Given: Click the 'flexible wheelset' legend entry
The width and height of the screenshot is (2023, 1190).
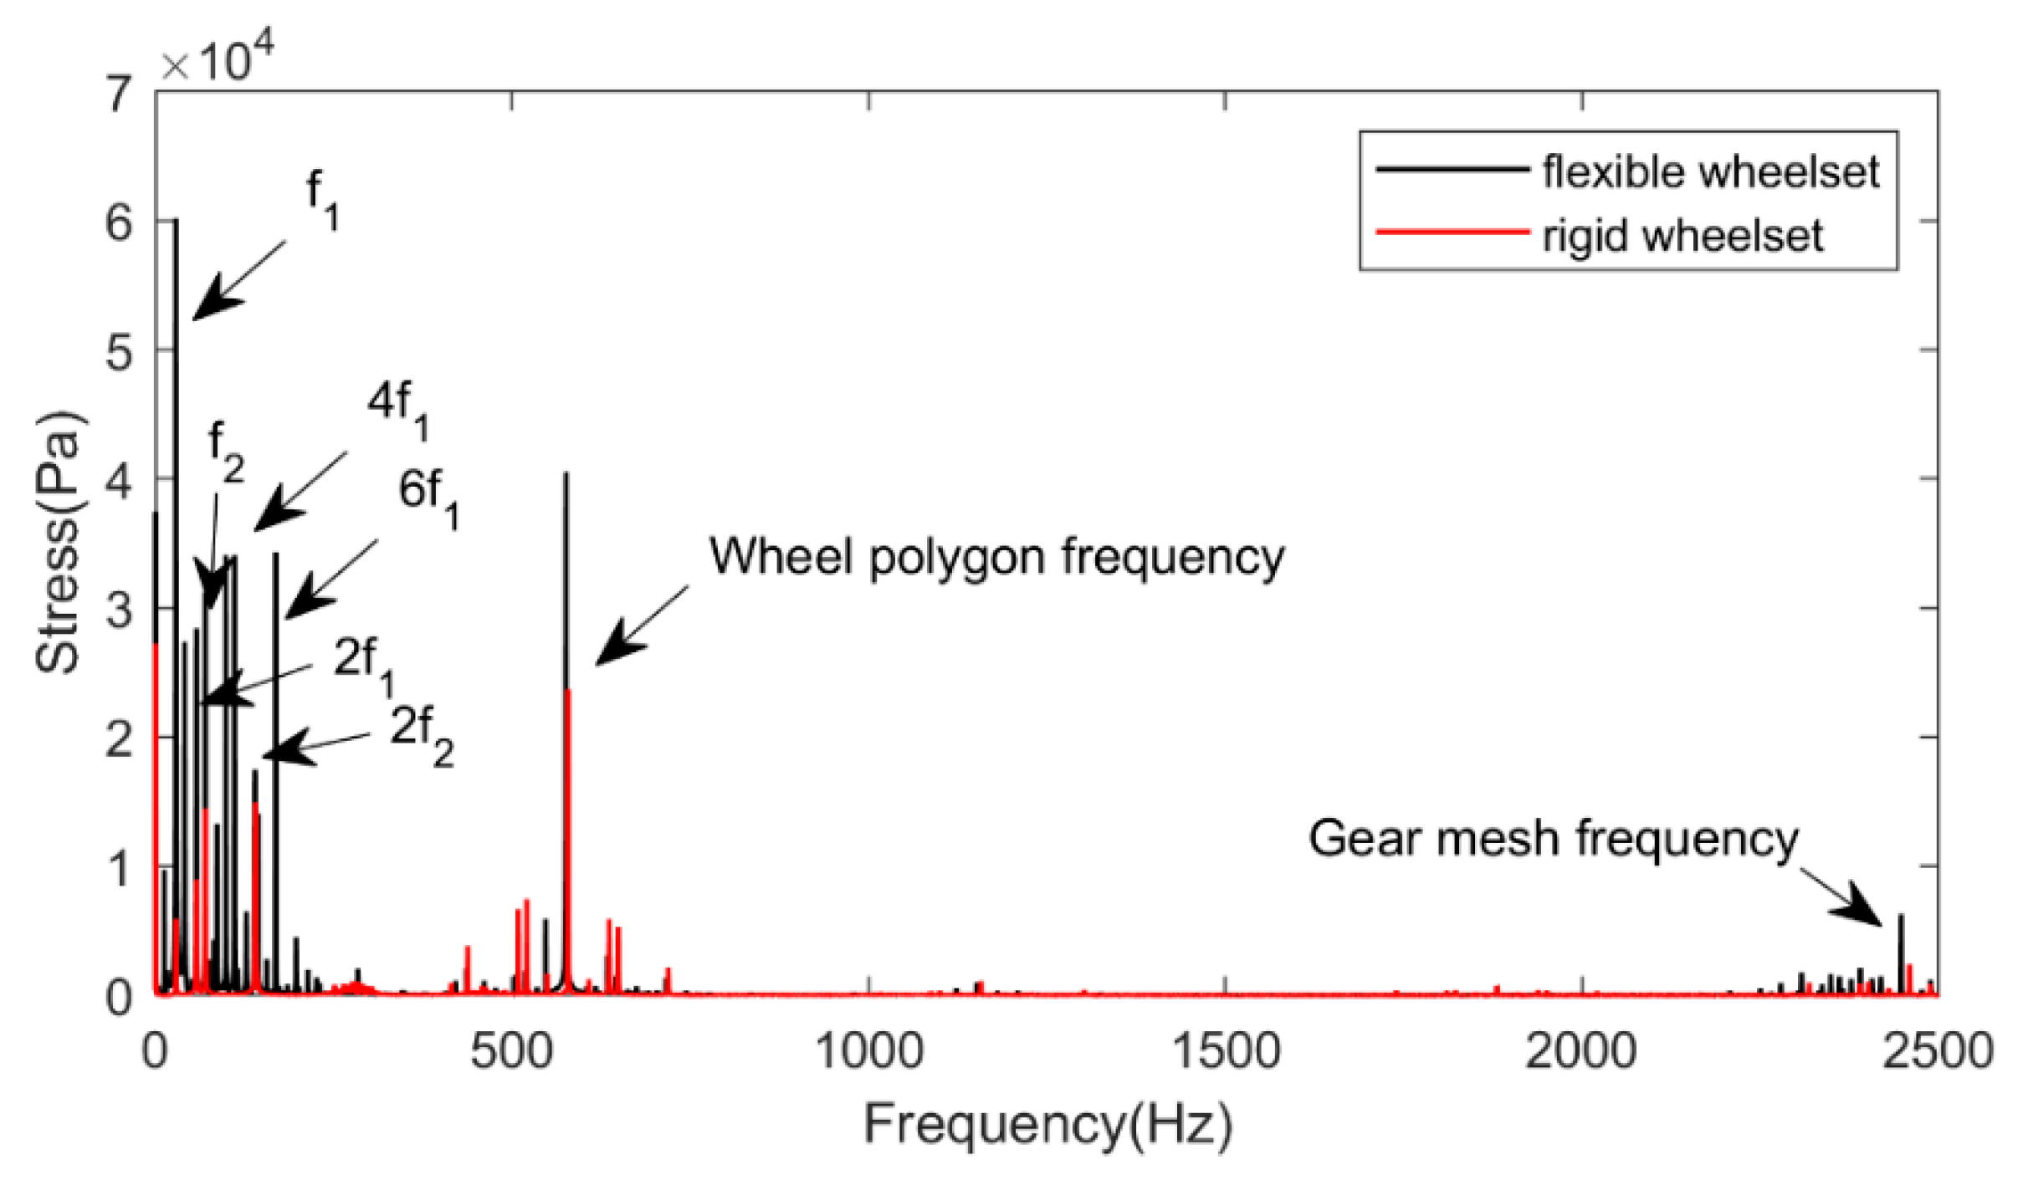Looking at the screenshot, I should (1710, 171).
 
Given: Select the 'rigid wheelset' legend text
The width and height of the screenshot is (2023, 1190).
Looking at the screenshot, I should (1682, 235).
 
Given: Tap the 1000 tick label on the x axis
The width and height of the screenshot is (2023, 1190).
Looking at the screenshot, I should (868, 1050).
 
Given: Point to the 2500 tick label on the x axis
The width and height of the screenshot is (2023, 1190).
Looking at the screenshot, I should (1937, 1050).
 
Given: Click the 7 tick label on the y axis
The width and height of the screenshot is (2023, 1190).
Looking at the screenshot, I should (119, 94).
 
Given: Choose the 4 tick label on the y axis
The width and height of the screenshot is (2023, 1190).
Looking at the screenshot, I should (119, 481).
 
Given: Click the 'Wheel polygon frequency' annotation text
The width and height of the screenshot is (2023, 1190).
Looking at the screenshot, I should (996, 556).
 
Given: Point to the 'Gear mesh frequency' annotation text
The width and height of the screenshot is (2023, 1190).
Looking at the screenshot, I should (1553, 838).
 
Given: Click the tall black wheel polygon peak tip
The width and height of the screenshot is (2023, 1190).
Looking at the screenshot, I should (566, 475).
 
